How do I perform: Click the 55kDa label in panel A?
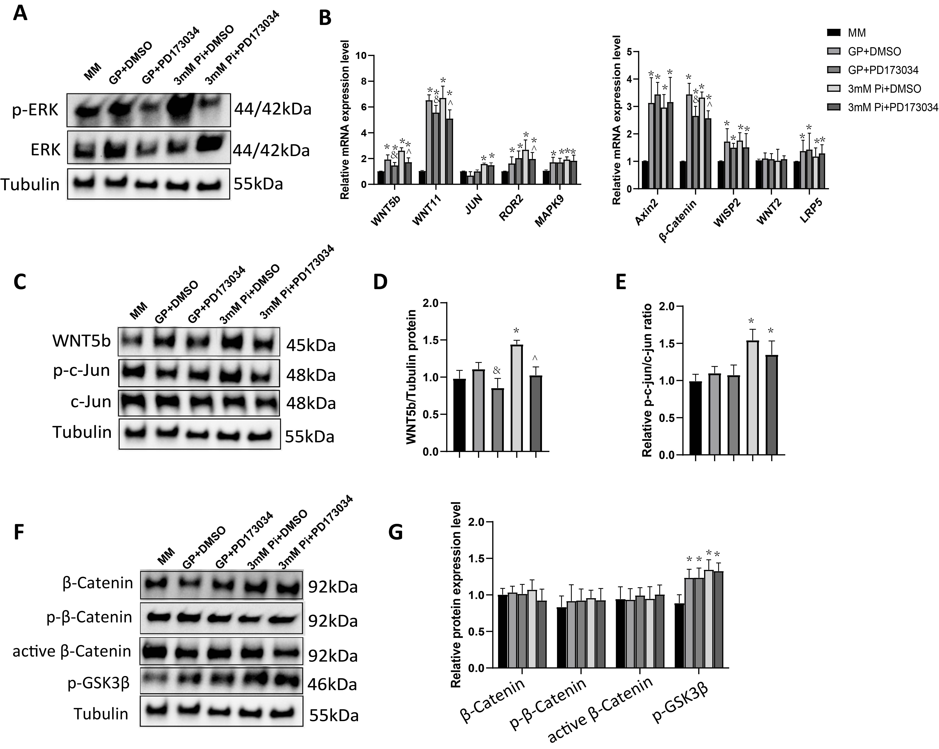pos(258,184)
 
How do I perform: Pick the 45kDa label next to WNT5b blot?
pos(311,346)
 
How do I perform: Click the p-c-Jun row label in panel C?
pos(81,371)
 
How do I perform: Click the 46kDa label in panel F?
pos(332,685)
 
